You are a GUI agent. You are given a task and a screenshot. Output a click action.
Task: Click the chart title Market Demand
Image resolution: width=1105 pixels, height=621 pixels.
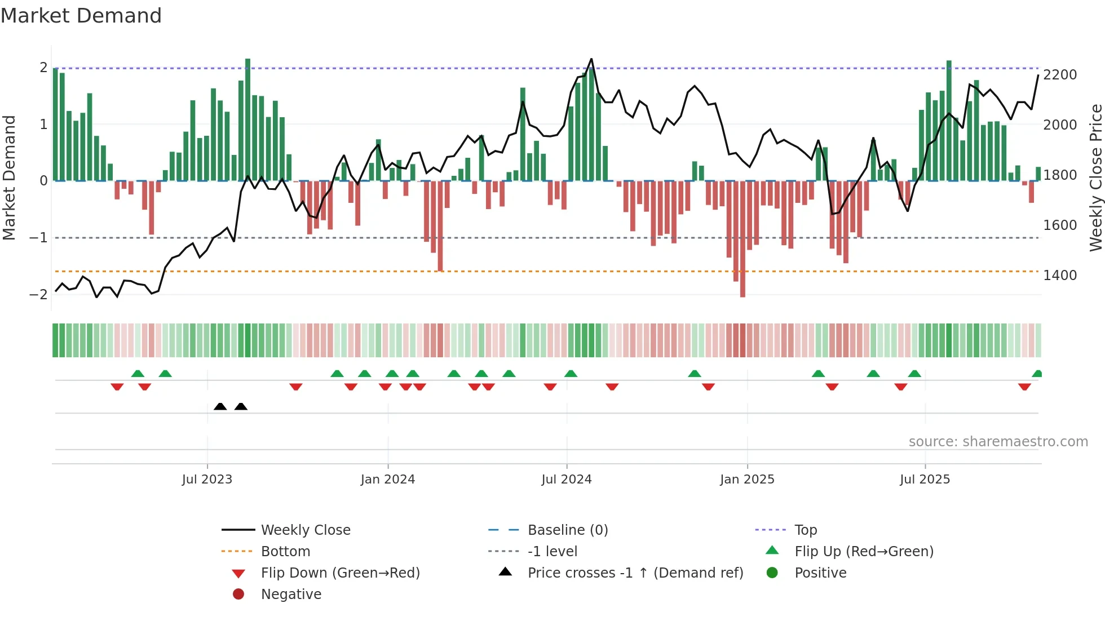click(81, 16)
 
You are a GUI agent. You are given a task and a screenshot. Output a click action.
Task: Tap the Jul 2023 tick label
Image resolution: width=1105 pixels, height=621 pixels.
click(207, 480)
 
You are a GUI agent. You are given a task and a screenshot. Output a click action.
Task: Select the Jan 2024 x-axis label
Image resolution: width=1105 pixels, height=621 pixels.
click(388, 480)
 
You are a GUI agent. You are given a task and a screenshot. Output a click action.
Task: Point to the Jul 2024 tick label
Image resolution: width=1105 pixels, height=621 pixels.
click(567, 480)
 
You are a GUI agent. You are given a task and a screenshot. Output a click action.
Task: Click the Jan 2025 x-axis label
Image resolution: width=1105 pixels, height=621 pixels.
click(747, 480)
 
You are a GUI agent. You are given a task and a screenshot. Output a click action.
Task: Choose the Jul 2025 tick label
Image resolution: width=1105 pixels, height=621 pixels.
click(925, 480)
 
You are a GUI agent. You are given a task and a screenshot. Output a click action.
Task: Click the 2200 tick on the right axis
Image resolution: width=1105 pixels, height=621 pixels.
click(1060, 75)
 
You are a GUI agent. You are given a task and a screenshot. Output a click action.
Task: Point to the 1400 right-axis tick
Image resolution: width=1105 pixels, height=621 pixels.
click(1060, 276)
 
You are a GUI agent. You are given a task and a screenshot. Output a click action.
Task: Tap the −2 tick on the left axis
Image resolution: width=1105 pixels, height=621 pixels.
click(38, 295)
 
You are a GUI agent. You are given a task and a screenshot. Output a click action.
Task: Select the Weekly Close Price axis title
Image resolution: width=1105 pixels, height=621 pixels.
click(1095, 178)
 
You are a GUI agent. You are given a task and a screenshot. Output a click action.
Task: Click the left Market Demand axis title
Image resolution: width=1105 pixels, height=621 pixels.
click(9, 178)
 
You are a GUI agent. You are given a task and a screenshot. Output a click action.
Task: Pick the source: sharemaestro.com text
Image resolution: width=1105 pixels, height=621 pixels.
click(998, 442)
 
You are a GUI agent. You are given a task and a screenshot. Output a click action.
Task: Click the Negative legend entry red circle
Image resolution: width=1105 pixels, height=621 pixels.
click(238, 595)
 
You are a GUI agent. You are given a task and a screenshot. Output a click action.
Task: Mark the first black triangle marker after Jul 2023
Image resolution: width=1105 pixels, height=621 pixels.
click(220, 406)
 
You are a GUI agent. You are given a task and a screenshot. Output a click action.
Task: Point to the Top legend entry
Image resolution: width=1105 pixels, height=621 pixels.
click(806, 530)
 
